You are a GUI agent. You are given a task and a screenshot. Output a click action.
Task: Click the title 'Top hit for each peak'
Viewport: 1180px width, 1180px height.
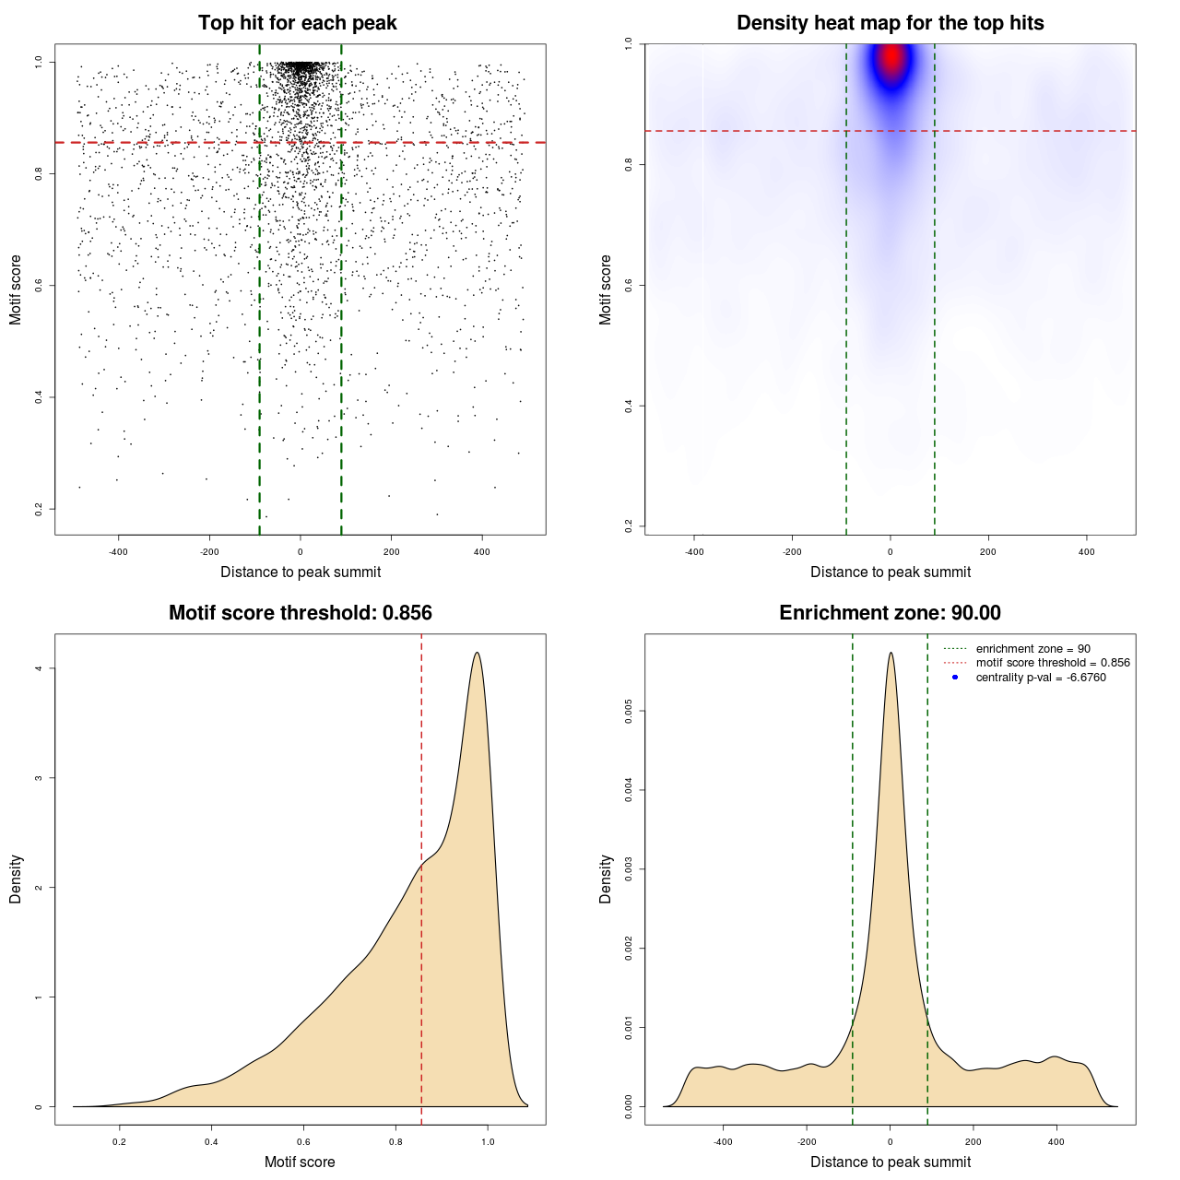pyautogui.click(x=297, y=23)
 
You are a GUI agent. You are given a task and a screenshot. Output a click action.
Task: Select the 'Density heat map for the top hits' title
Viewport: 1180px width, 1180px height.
pyautogui.click(x=890, y=23)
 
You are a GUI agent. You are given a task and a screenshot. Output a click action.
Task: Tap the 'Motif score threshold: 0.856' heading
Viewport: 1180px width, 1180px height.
pyautogui.click(x=300, y=613)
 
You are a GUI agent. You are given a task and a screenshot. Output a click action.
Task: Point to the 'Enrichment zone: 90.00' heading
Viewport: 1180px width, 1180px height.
pyautogui.click(x=890, y=613)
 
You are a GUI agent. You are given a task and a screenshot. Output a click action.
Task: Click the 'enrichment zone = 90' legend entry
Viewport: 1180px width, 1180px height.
pyautogui.click(x=1032, y=649)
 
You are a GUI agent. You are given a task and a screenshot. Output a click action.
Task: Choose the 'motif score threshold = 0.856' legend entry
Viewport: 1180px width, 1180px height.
pyautogui.click(x=1053, y=663)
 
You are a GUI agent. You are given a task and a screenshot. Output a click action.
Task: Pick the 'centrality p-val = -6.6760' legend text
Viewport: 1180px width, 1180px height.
pyautogui.click(x=1041, y=678)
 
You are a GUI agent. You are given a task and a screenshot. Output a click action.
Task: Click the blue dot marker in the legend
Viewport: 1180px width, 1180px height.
pyautogui.click(x=955, y=678)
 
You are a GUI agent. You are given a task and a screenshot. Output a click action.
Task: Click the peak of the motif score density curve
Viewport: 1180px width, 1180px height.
pyautogui.click(x=477, y=654)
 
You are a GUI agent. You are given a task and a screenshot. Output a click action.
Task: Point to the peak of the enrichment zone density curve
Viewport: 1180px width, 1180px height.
pyautogui.click(x=891, y=654)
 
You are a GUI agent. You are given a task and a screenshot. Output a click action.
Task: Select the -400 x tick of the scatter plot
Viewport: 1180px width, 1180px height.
pyautogui.click(x=118, y=552)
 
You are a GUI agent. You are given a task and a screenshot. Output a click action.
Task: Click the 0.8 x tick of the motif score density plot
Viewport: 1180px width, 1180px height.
pyautogui.click(x=395, y=1142)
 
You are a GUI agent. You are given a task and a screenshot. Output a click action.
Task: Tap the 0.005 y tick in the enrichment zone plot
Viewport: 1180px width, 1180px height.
pyautogui.click(x=629, y=711)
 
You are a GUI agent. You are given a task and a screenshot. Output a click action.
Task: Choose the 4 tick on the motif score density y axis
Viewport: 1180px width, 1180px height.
pyautogui.click(x=39, y=668)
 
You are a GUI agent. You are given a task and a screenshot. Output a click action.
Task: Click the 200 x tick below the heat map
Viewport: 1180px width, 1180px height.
pyautogui.click(x=988, y=552)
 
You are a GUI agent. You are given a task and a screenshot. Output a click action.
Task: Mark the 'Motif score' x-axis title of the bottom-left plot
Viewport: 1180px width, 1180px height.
pyautogui.click(x=300, y=1162)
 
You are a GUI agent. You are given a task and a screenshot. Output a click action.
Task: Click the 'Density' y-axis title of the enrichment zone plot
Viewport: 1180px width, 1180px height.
pyautogui.click(x=606, y=879)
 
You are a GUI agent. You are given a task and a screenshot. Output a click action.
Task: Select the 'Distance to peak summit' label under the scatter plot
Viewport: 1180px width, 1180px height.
pyautogui.click(x=301, y=572)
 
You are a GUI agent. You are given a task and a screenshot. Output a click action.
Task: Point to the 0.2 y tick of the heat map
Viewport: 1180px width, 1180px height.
pyautogui.click(x=629, y=526)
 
